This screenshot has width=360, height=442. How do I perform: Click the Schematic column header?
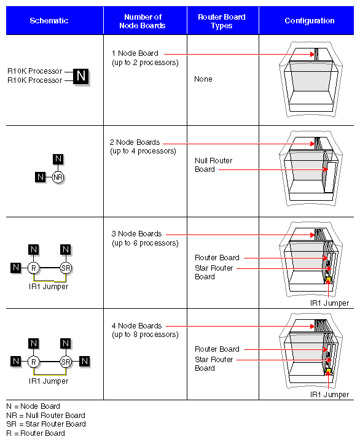click(x=49, y=21)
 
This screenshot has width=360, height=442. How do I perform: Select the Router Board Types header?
click(x=222, y=21)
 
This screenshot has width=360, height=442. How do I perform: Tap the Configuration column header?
click(x=309, y=21)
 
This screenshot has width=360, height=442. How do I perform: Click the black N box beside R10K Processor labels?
click(x=80, y=76)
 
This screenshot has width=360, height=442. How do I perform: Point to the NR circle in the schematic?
click(x=58, y=177)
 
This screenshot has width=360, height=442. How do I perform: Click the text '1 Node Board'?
click(x=135, y=53)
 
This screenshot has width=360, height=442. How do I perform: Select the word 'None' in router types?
click(x=203, y=79)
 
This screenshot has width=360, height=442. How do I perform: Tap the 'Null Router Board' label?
click(x=213, y=165)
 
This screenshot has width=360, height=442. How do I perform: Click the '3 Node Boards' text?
click(x=136, y=234)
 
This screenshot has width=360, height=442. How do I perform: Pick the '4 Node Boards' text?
click(x=136, y=326)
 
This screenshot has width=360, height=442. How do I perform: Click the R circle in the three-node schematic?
click(x=34, y=268)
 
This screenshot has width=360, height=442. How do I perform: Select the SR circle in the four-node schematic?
click(x=66, y=362)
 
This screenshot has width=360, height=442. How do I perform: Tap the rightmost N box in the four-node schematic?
click(x=85, y=362)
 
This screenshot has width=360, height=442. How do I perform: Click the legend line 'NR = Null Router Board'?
click(x=45, y=416)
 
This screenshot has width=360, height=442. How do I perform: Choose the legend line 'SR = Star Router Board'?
click(x=45, y=424)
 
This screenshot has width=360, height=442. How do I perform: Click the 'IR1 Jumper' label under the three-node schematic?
click(x=49, y=287)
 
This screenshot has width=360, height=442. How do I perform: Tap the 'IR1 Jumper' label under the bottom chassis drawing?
click(x=329, y=395)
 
